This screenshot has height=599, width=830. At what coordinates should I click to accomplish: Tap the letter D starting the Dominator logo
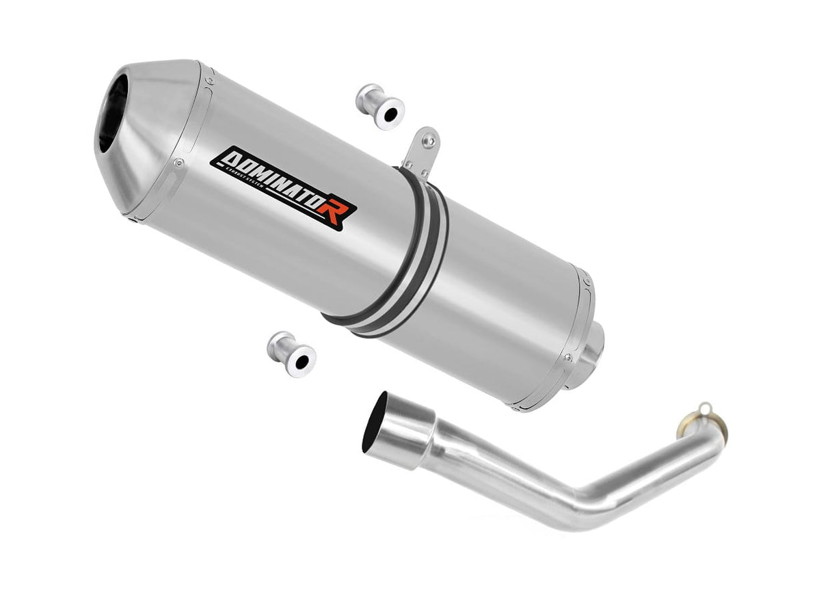(x=223, y=160)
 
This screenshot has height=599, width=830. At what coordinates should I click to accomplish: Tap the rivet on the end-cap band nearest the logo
(x=178, y=163)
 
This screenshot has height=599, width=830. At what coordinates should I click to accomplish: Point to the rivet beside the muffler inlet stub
(x=567, y=357)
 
